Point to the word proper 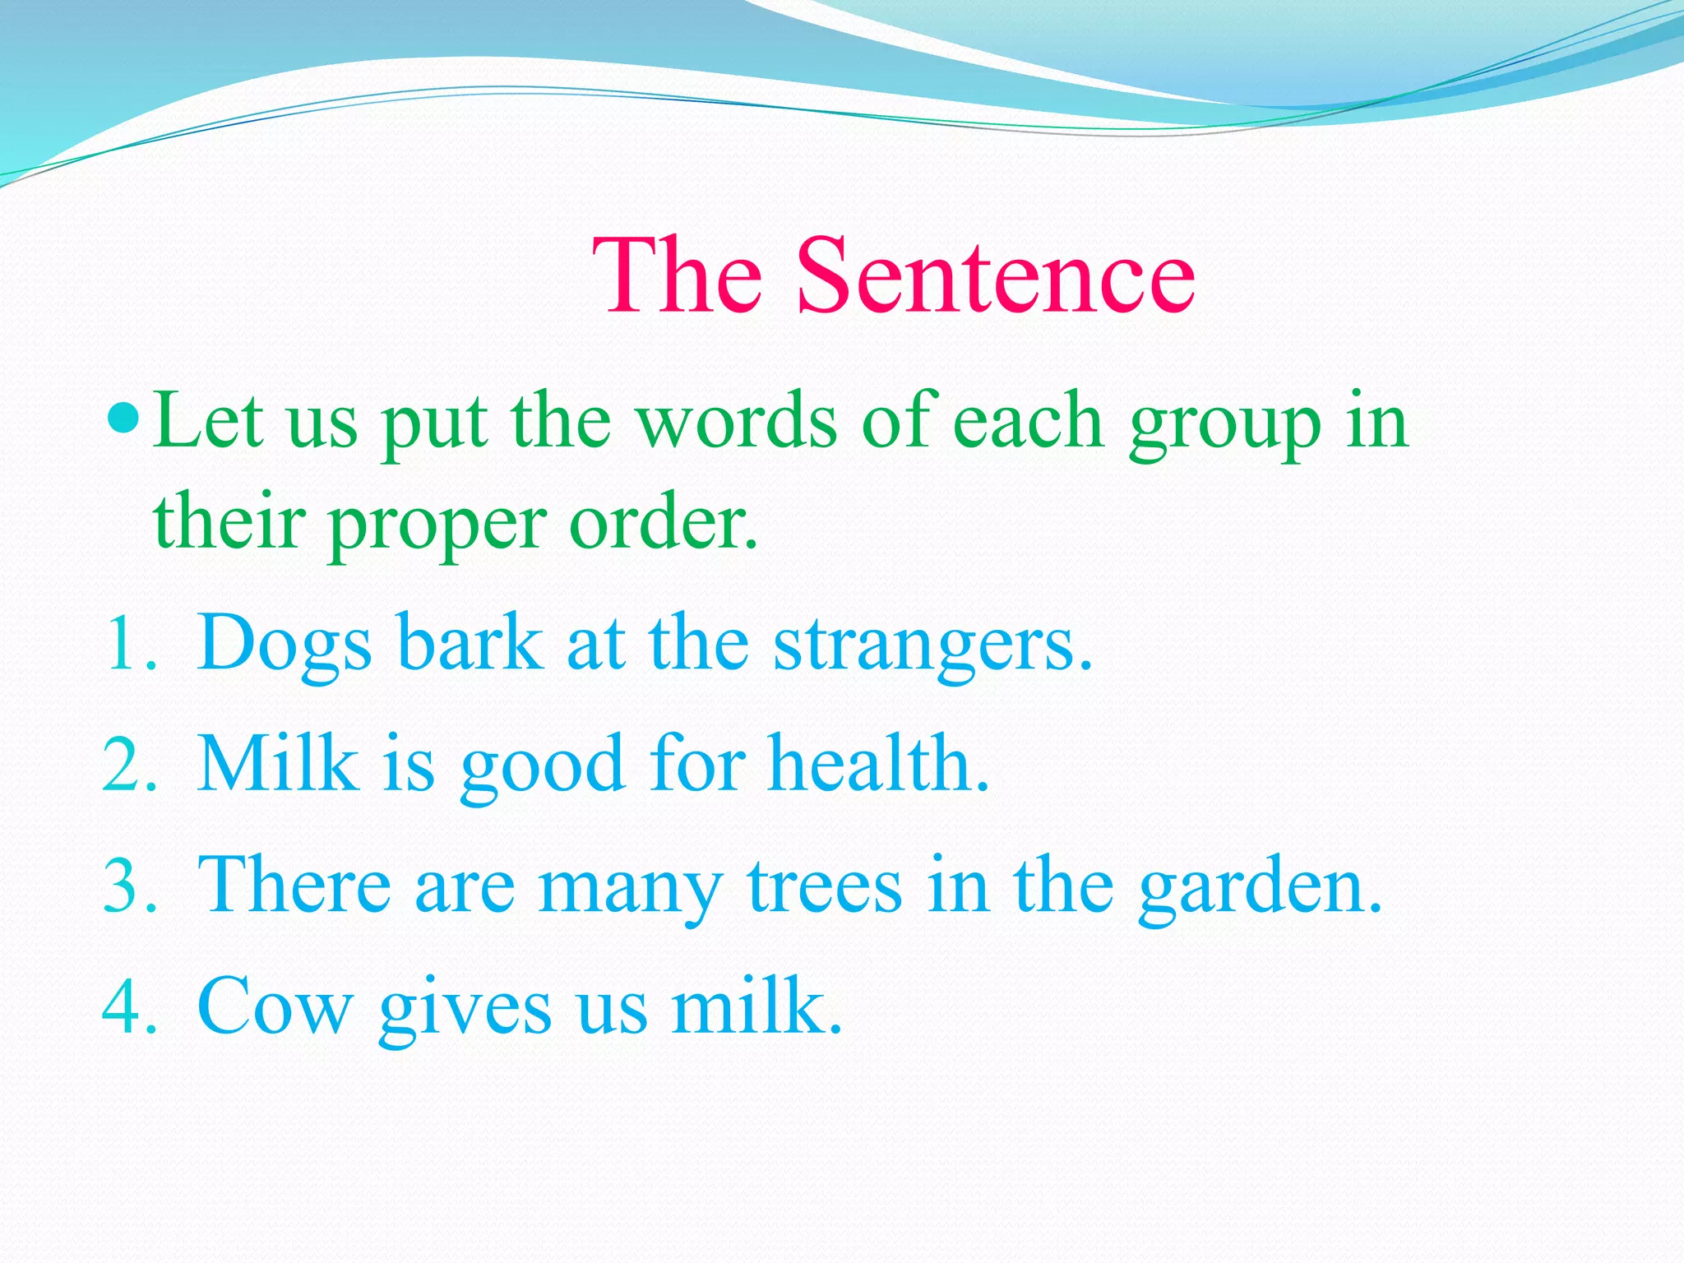(437, 526)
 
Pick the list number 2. (127, 765)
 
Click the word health (878, 765)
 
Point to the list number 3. (127, 886)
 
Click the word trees (825, 886)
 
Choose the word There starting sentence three (294, 885)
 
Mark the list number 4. (127, 1007)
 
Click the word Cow (275, 1007)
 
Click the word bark (470, 644)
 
